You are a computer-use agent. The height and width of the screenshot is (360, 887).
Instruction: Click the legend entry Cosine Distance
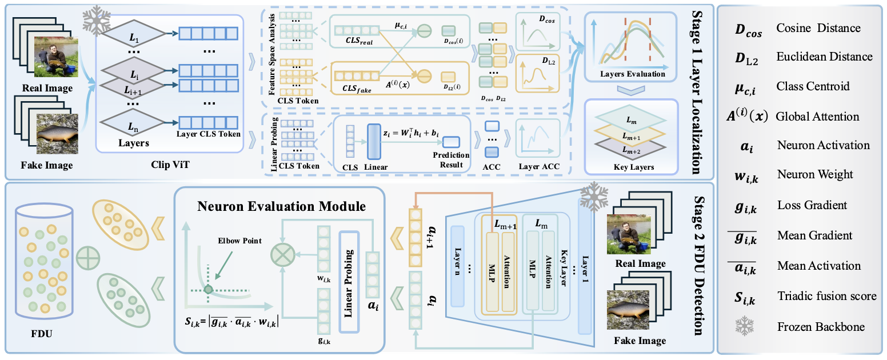pyautogui.click(x=818, y=27)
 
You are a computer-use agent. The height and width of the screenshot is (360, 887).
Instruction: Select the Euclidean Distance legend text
pyautogui.click(x=824, y=57)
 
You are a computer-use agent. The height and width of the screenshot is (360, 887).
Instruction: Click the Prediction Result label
pyautogui.click(x=452, y=159)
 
